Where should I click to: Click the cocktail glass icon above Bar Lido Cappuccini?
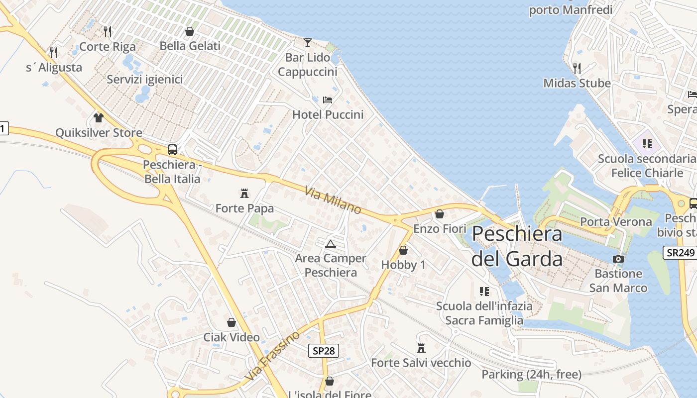(x=308, y=42)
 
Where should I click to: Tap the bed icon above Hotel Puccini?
(x=328, y=99)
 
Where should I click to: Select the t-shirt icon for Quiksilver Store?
(x=99, y=118)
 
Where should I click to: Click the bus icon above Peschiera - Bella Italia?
(x=172, y=149)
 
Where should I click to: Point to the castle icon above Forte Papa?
(x=244, y=193)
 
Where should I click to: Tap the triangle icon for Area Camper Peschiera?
(x=331, y=244)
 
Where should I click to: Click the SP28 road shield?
(x=323, y=351)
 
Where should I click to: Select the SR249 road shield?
(x=680, y=252)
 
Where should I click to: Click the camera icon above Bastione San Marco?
(x=618, y=259)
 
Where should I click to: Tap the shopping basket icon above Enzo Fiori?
(x=440, y=214)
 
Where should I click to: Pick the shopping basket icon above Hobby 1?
(x=403, y=250)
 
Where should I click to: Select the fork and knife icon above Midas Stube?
(x=577, y=68)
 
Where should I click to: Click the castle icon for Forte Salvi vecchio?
(x=421, y=348)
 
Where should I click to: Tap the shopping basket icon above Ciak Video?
(x=232, y=322)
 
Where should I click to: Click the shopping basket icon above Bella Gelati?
(x=190, y=31)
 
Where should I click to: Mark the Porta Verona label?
(x=616, y=222)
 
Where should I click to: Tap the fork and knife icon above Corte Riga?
(x=108, y=32)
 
